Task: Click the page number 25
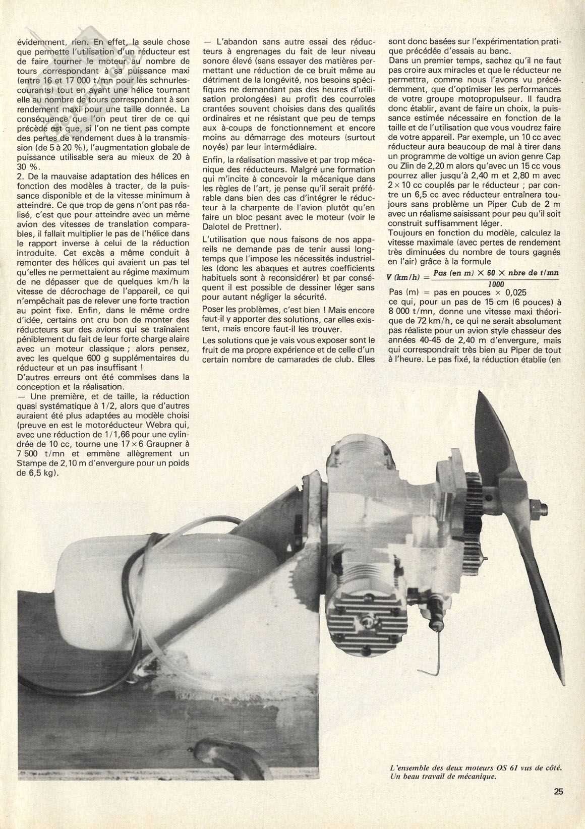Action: (557, 805)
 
